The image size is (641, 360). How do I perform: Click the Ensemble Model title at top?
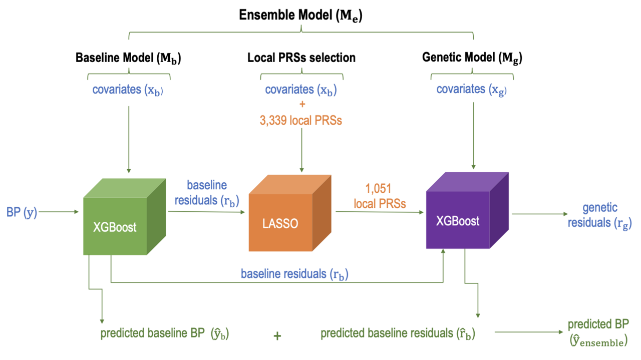pos(300,16)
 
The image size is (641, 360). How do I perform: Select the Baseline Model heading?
pos(128,58)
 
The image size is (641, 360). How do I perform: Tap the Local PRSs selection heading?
pos(301,58)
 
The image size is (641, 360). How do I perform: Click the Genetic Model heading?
pos(472,58)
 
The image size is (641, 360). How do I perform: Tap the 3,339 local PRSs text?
pos(301,121)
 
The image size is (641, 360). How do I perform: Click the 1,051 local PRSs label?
pos(379,196)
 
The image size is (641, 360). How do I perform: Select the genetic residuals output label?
pos(599,215)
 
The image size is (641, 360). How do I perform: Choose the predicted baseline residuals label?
pos(398,333)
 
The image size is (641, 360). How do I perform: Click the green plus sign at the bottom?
pos(277,336)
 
